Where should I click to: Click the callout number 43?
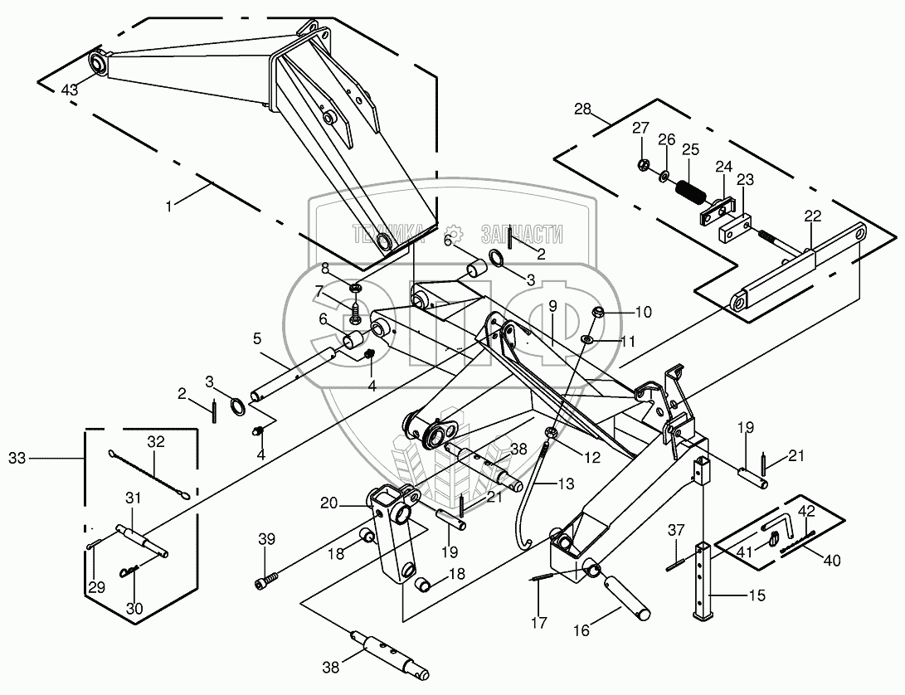[70, 90]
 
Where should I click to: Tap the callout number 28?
[583, 109]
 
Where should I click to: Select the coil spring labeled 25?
[688, 191]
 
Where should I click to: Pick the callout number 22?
[813, 216]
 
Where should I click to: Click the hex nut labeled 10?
[598, 313]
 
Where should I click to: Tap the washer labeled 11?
[587, 339]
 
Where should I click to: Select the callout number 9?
[552, 307]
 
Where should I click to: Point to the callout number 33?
[17, 459]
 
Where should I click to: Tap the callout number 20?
[329, 504]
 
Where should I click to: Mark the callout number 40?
[832, 560]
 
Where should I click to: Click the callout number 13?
[567, 484]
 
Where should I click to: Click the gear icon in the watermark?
[455, 232]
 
